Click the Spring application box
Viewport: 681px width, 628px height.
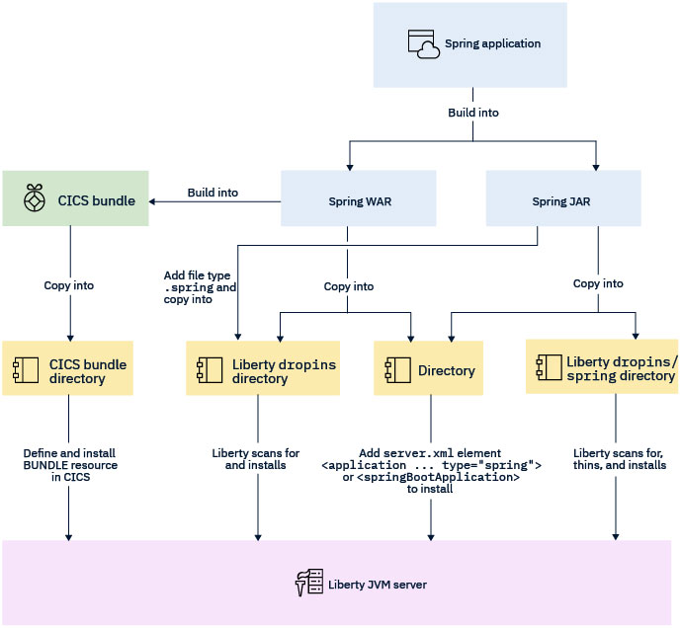(469, 44)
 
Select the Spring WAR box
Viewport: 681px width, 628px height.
(345, 200)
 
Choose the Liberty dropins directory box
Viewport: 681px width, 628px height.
(259, 370)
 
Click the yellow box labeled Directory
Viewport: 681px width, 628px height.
(428, 370)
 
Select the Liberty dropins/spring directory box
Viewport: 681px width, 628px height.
(602, 367)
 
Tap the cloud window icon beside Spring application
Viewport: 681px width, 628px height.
(423, 44)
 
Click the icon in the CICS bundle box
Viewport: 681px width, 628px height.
(34, 197)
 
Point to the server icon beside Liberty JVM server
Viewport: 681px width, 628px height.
(309, 584)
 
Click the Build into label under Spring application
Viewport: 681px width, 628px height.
(473, 113)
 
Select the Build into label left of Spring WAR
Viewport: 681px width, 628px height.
(213, 193)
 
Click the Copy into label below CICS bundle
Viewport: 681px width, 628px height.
(69, 285)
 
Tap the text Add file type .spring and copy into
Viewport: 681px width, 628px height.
(199, 286)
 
